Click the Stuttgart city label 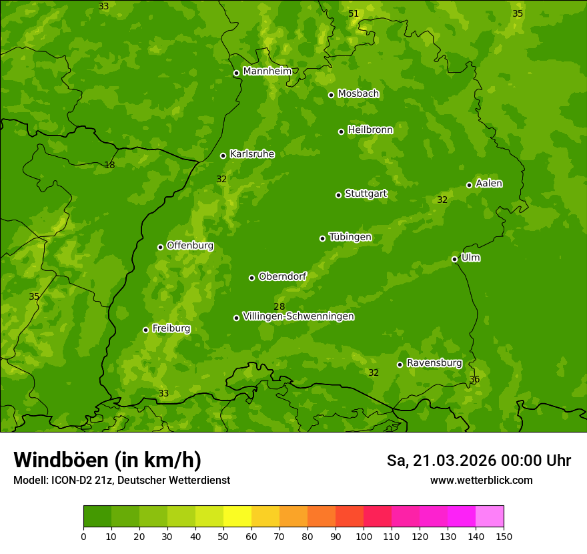(366, 194)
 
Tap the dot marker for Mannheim (236, 73)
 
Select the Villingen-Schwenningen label (298, 316)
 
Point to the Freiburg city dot (145, 330)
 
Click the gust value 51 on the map (354, 13)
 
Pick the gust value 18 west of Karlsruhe (109, 165)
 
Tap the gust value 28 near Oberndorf (279, 306)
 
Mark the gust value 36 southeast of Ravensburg (474, 379)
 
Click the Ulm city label (470, 258)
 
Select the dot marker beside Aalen (469, 185)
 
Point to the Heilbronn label (370, 130)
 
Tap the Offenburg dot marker (160, 247)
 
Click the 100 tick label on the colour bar (364, 536)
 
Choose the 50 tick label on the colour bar (223, 536)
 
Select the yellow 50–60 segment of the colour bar (237, 517)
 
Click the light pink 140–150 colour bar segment (490, 517)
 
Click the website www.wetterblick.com (481, 480)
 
